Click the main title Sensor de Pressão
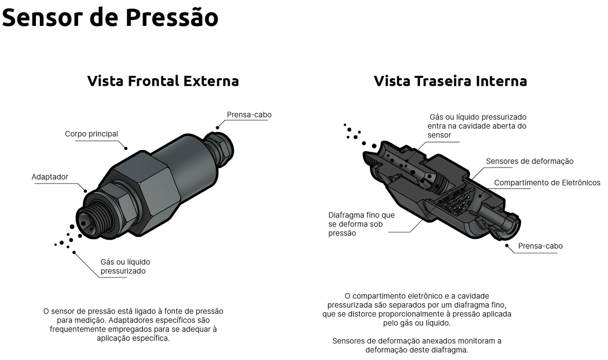point(110,17)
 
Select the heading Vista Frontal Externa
point(163,81)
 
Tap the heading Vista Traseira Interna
point(450,81)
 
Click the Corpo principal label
point(91,134)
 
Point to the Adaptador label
point(50,177)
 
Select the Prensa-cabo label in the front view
point(249,115)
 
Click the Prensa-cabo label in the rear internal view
point(540,246)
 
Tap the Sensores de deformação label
point(529,161)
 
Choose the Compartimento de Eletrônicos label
point(547,183)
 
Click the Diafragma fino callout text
point(361,224)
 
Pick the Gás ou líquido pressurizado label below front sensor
point(125,267)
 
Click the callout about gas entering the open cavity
point(476,126)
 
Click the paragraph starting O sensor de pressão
point(133,324)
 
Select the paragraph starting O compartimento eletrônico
point(417,309)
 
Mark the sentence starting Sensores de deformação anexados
point(417,345)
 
